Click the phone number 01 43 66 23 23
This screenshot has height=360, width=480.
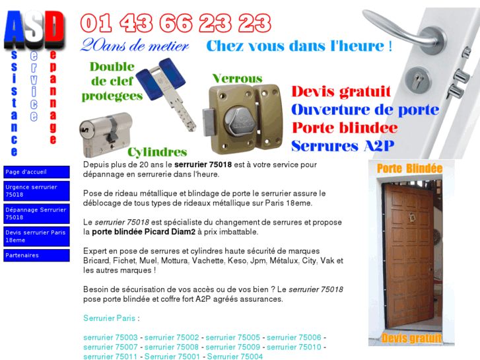pyautogui.click(x=176, y=23)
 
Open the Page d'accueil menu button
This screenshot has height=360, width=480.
pyautogui.click(x=36, y=172)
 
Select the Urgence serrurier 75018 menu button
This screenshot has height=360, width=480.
pyautogui.click(x=36, y=191)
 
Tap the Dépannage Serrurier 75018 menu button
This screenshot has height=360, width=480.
pyautogui.click(x=36, y=213)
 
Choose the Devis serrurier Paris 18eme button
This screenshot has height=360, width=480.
pyautogui.click(x=36, y=236)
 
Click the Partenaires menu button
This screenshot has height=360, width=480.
pyautogui.click(x=36, y=255)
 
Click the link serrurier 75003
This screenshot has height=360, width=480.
pyautogui.click(x=110, y=338)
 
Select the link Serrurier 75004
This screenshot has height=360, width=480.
pyautogui.click(x=235, y=357)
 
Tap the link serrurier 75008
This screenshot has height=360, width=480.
pyautogui.click(x=172, y=347)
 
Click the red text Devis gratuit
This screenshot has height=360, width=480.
pyautogui.click(x=341, y=92)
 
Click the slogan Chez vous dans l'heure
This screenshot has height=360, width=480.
pyautogui.click(x=299, y=46)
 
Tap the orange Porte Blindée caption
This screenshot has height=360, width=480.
pyautogui.click(x=409, y=168)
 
